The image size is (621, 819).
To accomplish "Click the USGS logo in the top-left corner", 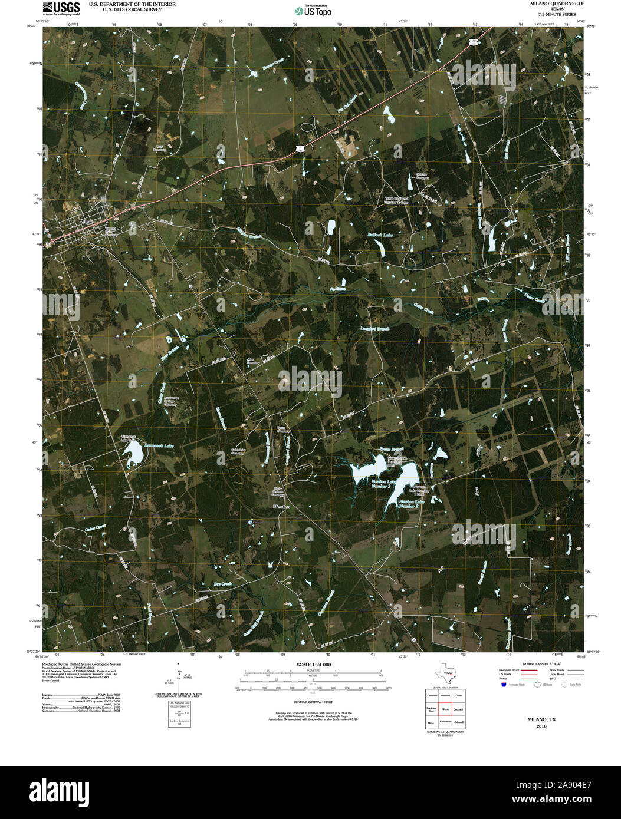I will (61, 8).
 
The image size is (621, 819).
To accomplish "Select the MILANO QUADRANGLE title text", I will (540, 4).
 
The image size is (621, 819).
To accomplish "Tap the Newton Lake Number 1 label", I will (383, 485).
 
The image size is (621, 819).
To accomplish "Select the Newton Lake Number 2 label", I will (409, 503).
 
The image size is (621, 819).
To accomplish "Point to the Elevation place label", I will (281, 507).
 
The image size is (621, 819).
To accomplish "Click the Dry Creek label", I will (221, 584).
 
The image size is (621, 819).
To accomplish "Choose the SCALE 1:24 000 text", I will (311, 665).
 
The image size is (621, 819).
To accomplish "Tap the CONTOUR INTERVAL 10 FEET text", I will (310, 702).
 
